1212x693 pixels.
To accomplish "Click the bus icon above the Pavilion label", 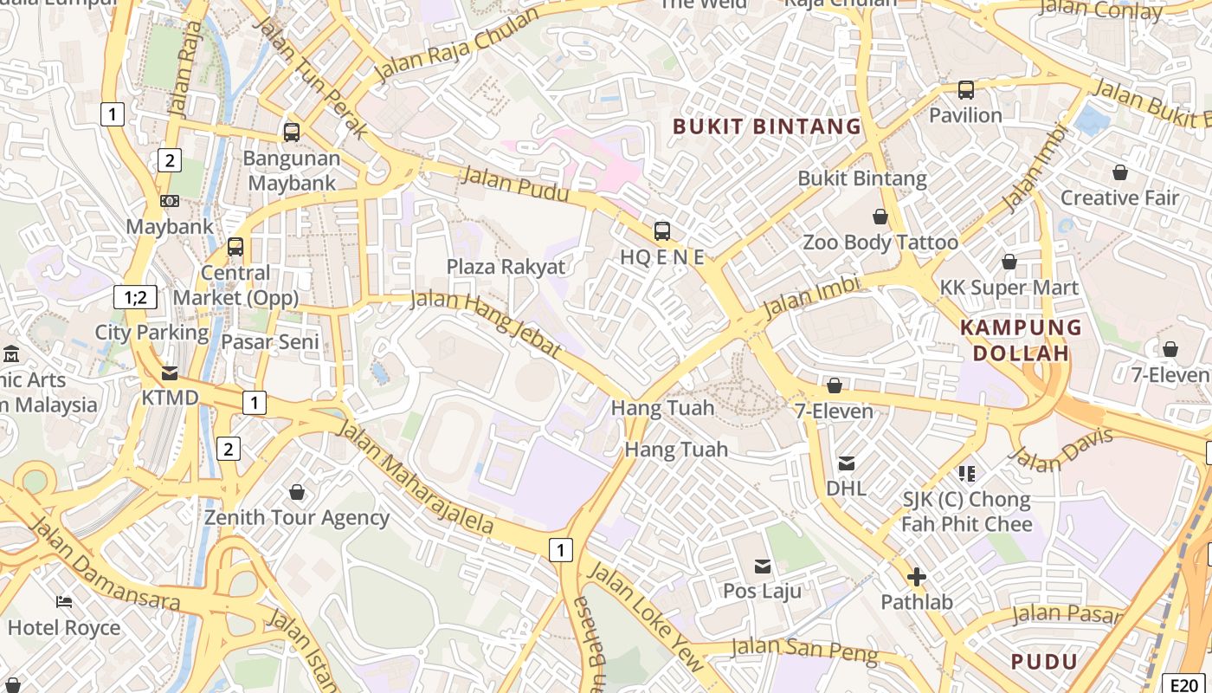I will tap(965, 89).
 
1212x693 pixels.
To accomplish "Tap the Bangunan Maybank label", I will tap(292, 171).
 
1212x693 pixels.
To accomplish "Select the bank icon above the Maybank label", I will tap(170, 201).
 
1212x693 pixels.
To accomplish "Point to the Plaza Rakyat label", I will tap(506, 267).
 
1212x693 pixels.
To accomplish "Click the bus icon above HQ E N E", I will tap(662, 230).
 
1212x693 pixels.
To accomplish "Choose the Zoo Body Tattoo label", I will tap(880, 242).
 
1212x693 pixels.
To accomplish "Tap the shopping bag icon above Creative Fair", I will tap(1120, 172).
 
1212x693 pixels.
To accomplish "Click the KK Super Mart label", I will tap(1009, 288).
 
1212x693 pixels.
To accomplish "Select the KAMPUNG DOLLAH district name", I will tap(1022, 340).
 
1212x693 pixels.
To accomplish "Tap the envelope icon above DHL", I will tap(847, 463).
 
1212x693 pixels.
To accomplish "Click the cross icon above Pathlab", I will tap(916, 577).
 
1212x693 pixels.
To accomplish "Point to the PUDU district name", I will tap(1045, 662).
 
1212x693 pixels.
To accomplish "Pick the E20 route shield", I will tap(1183, 683).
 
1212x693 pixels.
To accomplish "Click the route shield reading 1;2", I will tap(135, 298).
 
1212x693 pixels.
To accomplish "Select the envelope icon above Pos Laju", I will tap(763, 567).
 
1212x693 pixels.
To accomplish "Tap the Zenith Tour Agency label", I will tap(297, 518).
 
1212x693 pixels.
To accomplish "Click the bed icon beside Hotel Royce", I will tap(64, 602).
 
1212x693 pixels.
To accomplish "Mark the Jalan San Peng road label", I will tap(804, 650).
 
